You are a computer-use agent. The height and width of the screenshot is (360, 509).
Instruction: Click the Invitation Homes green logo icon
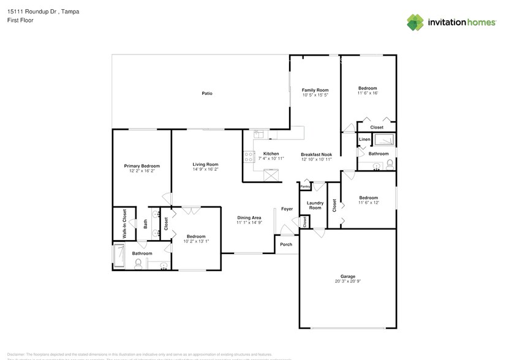pos(415,22)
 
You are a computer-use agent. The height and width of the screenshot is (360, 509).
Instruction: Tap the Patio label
pos(207,93)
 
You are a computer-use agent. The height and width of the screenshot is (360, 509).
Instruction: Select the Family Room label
pos(315,90)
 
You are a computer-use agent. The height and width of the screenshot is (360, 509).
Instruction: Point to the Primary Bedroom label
pos(141,166)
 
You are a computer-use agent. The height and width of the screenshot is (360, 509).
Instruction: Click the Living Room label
pos(205,164)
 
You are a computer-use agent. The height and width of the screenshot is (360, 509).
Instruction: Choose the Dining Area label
pos(249,217)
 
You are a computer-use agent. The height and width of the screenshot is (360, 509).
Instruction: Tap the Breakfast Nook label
pos(316,154)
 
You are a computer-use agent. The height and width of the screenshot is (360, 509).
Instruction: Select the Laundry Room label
pos(315,205)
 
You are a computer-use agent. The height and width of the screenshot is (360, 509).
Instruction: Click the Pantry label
pos(304,186)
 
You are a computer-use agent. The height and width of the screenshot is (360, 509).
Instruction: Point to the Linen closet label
pos(364,140)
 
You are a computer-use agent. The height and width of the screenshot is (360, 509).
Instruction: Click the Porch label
pos(286,244)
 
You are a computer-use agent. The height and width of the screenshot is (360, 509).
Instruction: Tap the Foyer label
pos(287,209)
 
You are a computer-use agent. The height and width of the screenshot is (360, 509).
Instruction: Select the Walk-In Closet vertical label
pos(124,223)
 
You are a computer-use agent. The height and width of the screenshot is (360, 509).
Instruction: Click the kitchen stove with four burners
pos(249,157)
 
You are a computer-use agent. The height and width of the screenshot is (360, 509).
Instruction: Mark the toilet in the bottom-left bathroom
pos(138,263)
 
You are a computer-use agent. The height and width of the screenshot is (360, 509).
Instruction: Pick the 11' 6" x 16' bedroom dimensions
pos(368,93)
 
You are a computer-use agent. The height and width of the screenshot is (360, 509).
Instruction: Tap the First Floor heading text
pos(20,20)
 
